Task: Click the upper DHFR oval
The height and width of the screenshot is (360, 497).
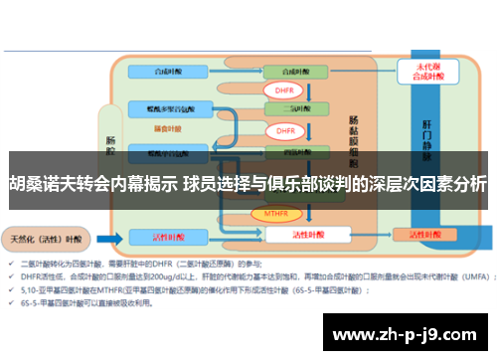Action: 282,90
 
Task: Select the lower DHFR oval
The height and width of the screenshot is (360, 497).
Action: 285,130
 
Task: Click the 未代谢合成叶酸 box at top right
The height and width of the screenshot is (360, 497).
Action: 418,73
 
